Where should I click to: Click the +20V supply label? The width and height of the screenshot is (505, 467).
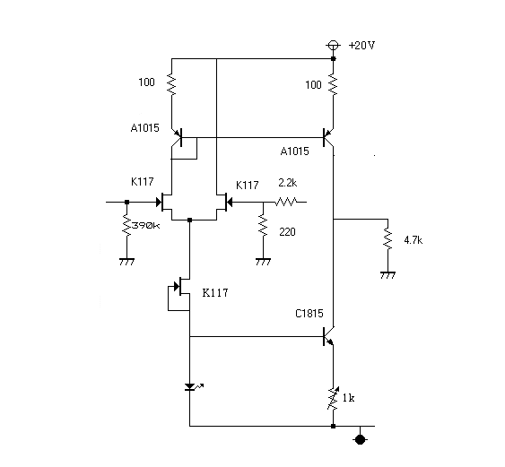(361, 46)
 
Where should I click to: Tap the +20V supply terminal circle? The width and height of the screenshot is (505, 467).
(333, 46)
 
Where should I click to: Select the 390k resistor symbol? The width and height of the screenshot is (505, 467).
(126, 225)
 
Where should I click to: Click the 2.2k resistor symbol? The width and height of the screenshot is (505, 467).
(286, 202)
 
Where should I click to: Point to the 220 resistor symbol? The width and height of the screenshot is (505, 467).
(263, 225)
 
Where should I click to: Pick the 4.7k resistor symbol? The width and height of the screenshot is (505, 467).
(387, 239)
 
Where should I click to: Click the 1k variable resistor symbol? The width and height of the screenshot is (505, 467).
(334, 399)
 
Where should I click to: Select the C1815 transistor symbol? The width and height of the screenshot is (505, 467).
(328, 337)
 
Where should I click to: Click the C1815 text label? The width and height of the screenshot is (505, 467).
(309, 314)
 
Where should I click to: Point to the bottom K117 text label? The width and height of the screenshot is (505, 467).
(215, 293)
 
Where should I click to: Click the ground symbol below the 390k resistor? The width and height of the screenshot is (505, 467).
(126, 262)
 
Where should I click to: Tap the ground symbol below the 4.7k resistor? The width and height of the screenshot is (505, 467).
(387, 275)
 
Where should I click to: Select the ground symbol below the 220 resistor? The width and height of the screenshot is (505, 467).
(263, 262)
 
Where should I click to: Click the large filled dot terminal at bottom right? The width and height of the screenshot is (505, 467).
(360, 439)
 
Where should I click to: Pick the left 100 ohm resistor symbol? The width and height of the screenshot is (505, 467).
(171, 84)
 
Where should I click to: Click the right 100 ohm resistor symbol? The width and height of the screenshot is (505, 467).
(334, 84)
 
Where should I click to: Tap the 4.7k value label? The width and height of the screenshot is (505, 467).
(414, 240)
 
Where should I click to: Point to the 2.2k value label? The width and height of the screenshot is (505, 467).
(288, 183)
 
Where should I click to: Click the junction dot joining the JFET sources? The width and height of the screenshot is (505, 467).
(189, 221)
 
